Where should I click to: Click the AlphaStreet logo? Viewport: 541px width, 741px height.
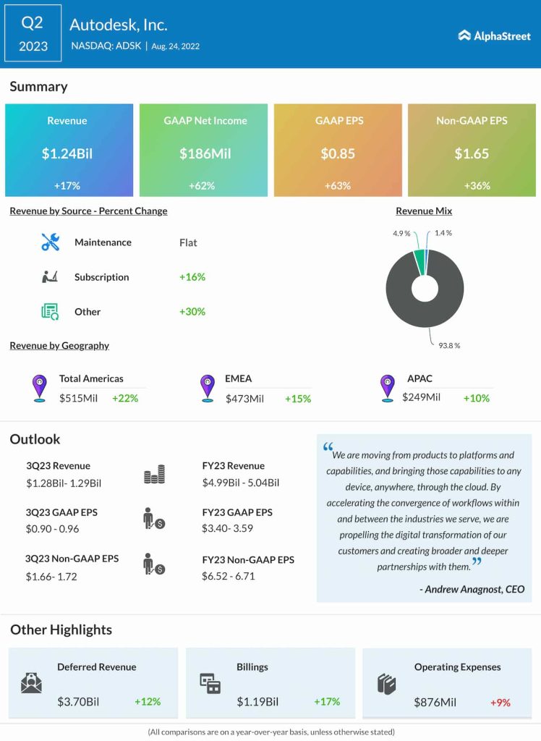click(x=494, y=35)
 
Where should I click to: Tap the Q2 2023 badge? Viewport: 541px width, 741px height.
click(x=33, y=34)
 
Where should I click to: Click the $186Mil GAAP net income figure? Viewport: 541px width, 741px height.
click(x=203, y=153)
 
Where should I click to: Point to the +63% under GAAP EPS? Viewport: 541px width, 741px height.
click(x=338, y=186)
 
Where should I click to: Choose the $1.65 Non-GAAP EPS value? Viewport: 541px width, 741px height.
click(x=472, y=153)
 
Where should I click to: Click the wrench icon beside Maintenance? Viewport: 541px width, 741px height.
click(x=51, y=242)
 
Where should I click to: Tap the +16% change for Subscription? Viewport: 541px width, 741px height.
click(x=192, y=277)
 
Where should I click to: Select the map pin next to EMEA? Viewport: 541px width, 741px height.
click(x=208, y=388)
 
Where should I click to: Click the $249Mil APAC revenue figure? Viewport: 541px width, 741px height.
click(x=421, y=397)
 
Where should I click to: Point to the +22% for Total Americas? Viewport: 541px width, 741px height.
click(x=125, y=398)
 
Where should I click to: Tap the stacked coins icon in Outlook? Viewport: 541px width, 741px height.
click(x=154, y=475)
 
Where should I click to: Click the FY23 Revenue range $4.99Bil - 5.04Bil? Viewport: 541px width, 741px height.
click(x=240, y=483)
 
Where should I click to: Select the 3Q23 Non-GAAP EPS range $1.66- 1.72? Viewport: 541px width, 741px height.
click(x=51, y=577)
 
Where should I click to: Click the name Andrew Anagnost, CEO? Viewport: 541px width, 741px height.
click(x=472, y=589)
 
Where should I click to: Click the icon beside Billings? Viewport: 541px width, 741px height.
click(x=210, y=684)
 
